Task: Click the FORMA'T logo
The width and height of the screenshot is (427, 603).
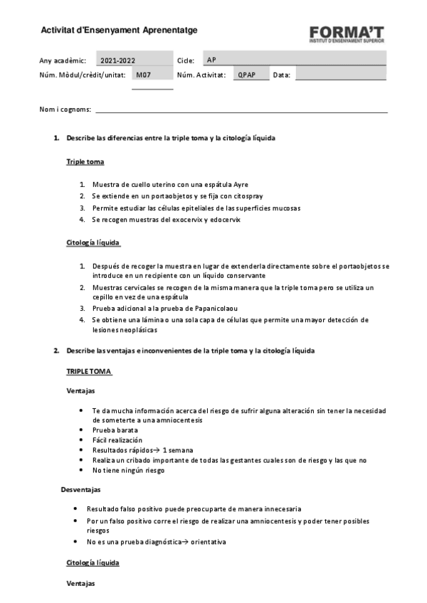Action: (x=347, y=34)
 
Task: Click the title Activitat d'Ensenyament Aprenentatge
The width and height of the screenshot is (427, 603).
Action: (x=119, y=30)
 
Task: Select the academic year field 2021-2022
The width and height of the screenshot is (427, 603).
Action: (x=117, y=60)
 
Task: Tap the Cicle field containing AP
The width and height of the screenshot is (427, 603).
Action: (x=293, y=60)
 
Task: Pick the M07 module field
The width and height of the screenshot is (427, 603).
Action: (x=151, y=75)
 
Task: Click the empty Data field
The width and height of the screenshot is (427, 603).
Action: (x=340, y=75)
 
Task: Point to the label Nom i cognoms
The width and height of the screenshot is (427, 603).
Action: (x=65, y=109)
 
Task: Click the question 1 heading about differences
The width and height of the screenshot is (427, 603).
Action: (x=171, y=138)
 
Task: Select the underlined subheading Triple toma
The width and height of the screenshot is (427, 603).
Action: (x=85, y=161)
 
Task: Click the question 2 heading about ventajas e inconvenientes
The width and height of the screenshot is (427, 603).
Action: (x=190, y=351)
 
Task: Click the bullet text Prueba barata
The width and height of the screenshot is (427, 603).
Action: (x=115, y=430)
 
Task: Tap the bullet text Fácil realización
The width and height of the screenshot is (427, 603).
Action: (x=117, y=440)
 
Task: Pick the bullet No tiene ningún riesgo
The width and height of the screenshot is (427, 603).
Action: (x=128, y=470)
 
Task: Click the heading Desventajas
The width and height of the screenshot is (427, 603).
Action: (x=80, y=489)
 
